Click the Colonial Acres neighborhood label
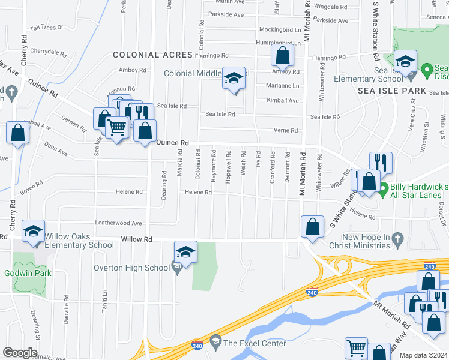click(152, 55)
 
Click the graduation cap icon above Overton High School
click(186, 252)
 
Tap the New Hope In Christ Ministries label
click(359, 241)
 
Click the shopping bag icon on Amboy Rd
click(282, 56)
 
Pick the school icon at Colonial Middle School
click(234, 78)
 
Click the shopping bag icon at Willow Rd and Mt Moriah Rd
click(312, 227)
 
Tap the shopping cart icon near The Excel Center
click(356, 347)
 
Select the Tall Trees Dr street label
click(47, 28)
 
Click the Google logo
click(20, 353)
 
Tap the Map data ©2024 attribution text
click(424, 355)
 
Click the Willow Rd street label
click(136, 239)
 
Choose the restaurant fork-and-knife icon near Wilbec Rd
click(380, 162)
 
